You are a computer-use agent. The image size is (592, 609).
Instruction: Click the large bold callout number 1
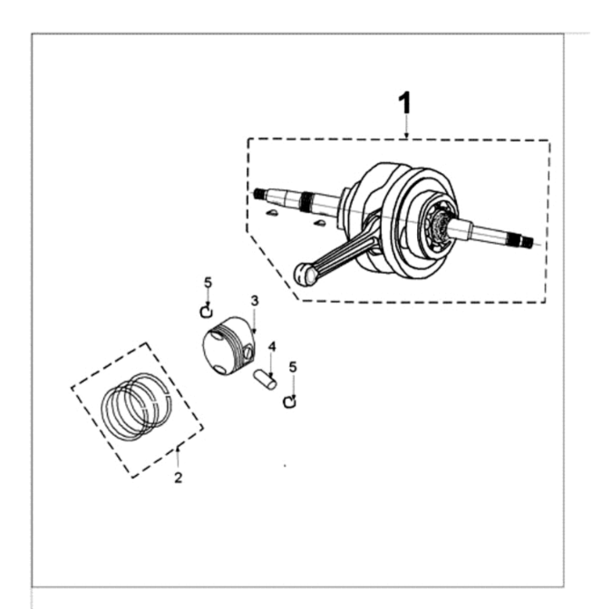(404, 102)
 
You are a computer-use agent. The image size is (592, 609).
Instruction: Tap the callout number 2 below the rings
(178, 478)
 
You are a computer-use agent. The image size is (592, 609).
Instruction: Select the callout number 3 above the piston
(255, 301)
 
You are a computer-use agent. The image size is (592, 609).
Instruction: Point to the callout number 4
(272, 347)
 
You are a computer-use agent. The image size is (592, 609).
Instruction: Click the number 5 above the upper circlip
(209, 283)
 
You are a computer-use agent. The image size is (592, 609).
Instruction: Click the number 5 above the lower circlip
(293, 367)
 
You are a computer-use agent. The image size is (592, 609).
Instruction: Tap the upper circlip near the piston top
(207, 312)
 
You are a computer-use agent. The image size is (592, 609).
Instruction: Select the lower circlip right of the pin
(290, 402)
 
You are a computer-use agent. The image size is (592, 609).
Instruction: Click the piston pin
(265, 380)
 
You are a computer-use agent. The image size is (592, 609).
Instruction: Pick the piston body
(229, 345)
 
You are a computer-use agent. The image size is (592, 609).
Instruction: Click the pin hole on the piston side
(248, 352)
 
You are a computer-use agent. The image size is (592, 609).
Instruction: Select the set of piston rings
(136, 406)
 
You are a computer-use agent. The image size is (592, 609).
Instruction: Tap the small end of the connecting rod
(304, 275)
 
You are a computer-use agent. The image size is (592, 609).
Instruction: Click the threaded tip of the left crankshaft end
(258, 193)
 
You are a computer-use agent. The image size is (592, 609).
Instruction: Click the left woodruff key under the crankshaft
(271, 212)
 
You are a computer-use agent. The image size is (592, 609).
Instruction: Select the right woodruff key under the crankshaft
(319, 223)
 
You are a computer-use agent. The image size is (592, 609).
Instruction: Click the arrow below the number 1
(406, 126)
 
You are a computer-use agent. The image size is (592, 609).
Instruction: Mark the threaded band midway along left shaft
(306, 202)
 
